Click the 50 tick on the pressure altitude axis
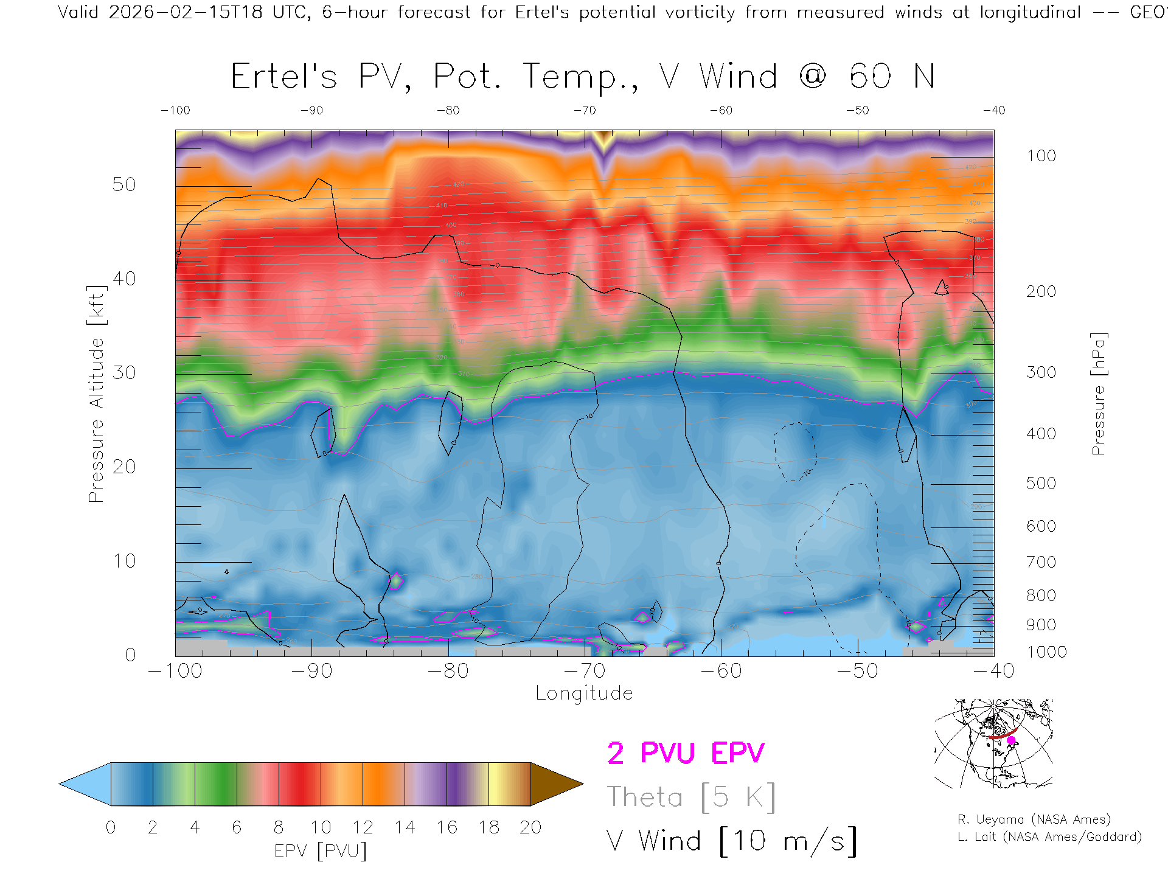pyautogui.click(x=124, y=184)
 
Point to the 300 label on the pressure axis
pyautogui.click(x=1041, y=372)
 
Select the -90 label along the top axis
pyautogui.click(x=311, y=111)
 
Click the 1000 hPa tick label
pyautogui.click(x=1046, y=652)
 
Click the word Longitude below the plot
pyautogui.click(x=584, y=693)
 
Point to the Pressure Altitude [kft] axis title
pyautogui.click(x=96, y=394)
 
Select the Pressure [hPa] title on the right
pyautogui.click(x=1098, y=394)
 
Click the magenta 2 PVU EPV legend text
pyautogui.click(x=686, y=753)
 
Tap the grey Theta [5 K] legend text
pyautogui.click(x=691, y=797)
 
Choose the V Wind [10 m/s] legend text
pyautogui.click(x=731, y=841)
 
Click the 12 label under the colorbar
pyautogui.click(x=363, y=827)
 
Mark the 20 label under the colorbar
pyautogui.click(x=530, y=827)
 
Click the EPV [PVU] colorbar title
pyautogui.click(x=320, y=851)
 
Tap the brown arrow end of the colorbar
pyautogui.click(x=555, y=784)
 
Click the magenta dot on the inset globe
pyautogui.click(x=1011, y=740)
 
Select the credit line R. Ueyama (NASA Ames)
pyautogui.click(x=1034, y=819)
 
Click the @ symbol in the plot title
pyautogui.click(x=813, y=77)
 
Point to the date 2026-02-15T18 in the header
pyautogui.click(x=186, y=12)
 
